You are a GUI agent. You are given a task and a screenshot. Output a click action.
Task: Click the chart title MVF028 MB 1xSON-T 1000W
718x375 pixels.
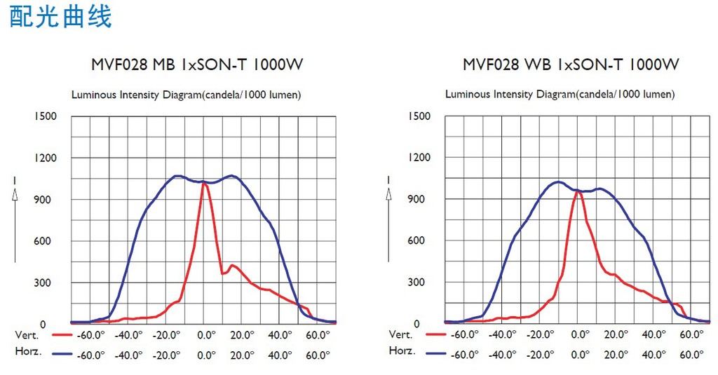pyautogui.click(x=197, y=65)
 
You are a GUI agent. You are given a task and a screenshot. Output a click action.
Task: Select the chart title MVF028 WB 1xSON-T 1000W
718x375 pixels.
pyautogui.click(x=571, y=65)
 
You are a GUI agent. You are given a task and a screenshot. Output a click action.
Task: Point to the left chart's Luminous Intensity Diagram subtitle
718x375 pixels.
pyautogui.click(x=187, y=95)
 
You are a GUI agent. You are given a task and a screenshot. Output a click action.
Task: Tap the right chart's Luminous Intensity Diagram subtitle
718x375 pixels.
pyautogui.click(x=560, y=94)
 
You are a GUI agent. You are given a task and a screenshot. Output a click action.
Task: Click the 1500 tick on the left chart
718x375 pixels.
pyautogui.click(x=45, y=116)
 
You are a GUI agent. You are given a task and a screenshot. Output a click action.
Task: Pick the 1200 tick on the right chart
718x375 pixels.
pyautogui.click(x=419, y=158)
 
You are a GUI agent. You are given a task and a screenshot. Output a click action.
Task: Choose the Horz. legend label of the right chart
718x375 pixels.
pyautogui.click(x=402, y=350)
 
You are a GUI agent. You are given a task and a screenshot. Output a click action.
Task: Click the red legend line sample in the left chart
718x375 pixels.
pyautogui.click(x=62, y=335)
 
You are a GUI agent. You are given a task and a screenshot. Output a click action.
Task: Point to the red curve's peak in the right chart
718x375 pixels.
pyautogui.click(x=578, y=191)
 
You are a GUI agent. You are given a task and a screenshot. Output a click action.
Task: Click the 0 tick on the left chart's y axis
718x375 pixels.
pyautogui.click(x=43, y=325)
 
